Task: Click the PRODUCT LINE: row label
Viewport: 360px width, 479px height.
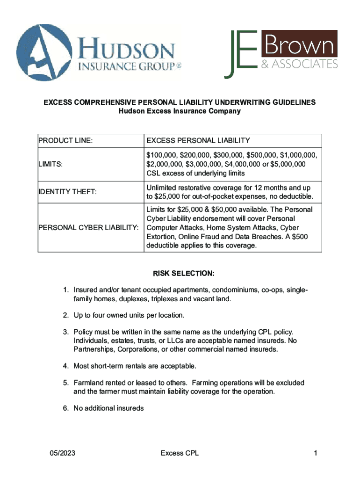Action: (65, 140)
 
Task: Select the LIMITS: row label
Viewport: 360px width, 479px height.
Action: (51, 164)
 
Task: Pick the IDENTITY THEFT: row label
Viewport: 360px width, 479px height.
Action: (67, 191)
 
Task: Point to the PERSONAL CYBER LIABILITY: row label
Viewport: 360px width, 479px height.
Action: (88, 228)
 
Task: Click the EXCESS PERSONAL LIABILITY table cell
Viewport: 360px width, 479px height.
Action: (198, 140)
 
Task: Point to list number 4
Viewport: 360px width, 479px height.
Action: (66, 365)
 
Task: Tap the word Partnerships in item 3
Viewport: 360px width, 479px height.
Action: (93, 349)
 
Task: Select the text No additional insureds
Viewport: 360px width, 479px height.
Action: (108, 408)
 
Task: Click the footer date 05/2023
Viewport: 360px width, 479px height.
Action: (63, 453)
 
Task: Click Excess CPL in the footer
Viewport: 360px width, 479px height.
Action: (180, 453)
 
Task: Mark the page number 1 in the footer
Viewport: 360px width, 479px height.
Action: (316, 453)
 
